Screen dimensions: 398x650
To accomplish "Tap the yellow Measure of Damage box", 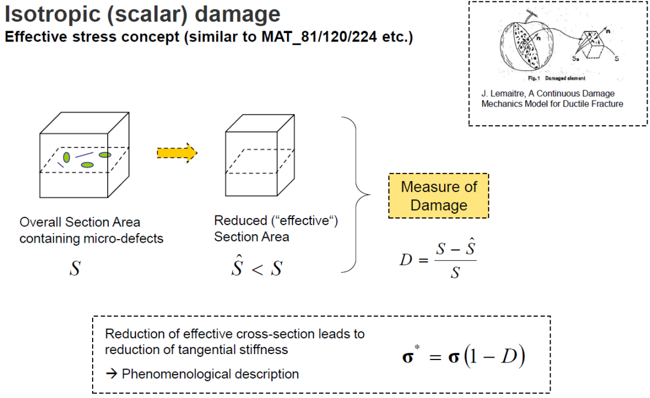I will coord(439,196).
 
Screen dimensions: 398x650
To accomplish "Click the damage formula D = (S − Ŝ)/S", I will coord(438,260).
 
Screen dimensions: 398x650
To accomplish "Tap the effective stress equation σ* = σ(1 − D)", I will coord(463,357).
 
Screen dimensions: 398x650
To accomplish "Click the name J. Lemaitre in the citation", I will coord(503,93).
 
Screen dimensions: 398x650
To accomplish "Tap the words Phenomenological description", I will coord(210,374).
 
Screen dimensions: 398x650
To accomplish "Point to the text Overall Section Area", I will coord(79,222).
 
